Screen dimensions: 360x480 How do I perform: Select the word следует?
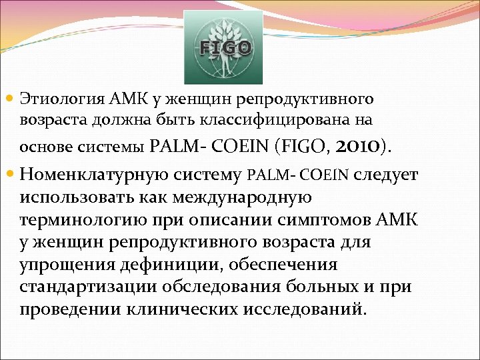(387, 175)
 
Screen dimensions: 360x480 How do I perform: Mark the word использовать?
(75, 198)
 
